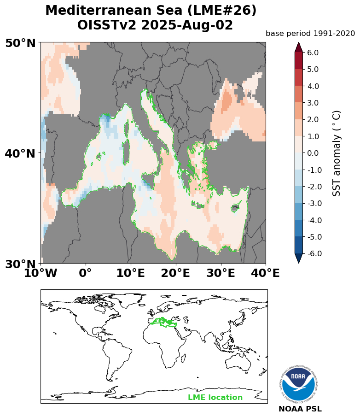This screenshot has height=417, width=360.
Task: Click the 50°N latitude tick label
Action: (20, 43)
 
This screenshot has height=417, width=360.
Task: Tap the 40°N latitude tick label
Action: (20, 153)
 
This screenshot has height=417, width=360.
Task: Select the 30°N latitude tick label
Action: (20, 264)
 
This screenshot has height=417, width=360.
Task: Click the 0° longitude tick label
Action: (86, 273)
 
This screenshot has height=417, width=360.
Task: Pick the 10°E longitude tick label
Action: (131, 273)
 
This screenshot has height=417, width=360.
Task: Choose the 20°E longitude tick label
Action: (176, 273)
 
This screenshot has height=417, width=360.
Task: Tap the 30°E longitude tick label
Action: (221, 273)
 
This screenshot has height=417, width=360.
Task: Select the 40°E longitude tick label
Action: (265, 273)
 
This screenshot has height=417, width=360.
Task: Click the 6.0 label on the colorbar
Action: (313, 53)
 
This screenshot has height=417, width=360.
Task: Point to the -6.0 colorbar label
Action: (312, 254)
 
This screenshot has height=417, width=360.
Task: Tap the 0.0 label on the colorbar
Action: (313, 153)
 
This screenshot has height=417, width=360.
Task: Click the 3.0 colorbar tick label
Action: (313, 103)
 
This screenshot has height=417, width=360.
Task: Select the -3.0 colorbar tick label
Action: (312, 204)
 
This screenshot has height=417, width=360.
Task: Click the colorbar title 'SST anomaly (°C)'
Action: (337, 153)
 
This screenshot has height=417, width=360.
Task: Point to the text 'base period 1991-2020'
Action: (310, 33)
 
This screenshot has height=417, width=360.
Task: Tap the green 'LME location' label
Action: (215, 398)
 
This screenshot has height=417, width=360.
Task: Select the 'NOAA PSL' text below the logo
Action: (300, 409)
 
